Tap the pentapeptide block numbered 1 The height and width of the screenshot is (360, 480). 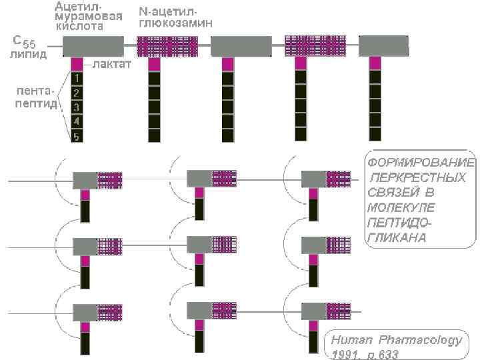click(77, 79)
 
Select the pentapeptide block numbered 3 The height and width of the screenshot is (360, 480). click(77, 107)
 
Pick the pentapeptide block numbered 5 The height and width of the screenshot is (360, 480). click(77, 136)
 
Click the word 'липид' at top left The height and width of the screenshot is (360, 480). click(27, 54)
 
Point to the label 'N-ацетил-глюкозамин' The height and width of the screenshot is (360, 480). click(175, 17)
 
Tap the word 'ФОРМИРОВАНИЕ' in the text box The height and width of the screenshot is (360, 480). click(420, 163)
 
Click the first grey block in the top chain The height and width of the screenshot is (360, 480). click(93, 46)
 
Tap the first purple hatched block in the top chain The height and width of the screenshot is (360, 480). click(167, 46)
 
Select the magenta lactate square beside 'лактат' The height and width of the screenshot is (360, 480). click(77, 64)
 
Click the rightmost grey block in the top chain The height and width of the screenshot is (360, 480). click(383, 46)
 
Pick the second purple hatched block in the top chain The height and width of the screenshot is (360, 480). click(315, 46)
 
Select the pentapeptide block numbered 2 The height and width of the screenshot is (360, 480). click(77, 93)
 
